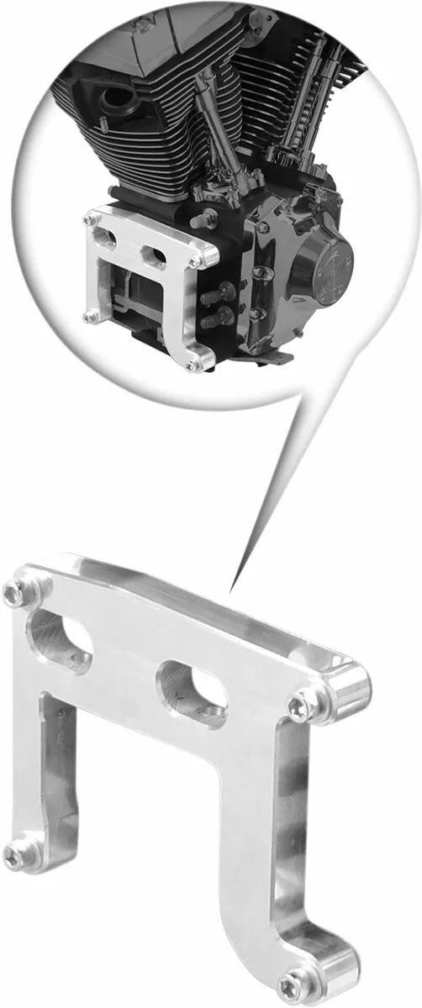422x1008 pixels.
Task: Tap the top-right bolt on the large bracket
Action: click(x=300, y=706)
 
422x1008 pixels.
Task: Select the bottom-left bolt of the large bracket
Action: click(x=17, y=855)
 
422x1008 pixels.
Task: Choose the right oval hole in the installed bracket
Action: click(x=154, y=255)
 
